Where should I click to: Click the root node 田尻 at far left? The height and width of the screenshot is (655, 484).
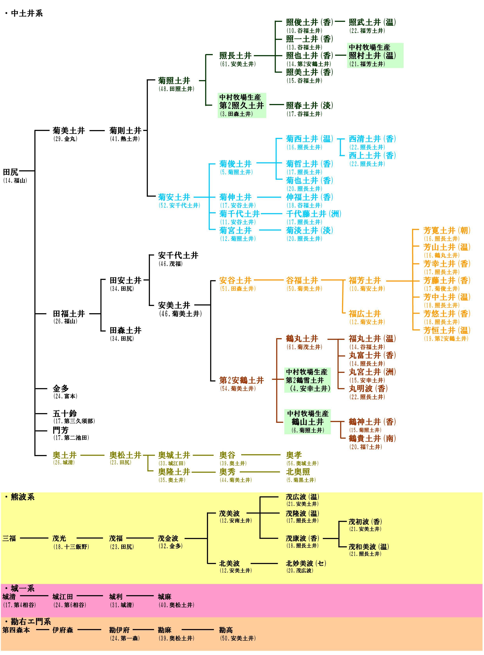11,172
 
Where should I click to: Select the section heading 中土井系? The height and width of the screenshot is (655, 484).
27,14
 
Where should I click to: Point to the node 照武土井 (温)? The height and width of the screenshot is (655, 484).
372,22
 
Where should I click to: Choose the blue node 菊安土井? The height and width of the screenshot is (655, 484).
174,197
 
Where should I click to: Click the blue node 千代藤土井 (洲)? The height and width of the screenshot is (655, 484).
313,214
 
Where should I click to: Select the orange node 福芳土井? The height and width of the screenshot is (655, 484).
364,280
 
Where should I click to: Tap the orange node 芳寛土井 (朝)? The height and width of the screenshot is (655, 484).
447,231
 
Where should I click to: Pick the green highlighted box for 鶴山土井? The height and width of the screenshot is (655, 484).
307,422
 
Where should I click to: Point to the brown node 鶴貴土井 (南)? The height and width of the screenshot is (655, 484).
372,439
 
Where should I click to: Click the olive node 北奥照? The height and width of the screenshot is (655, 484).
298,472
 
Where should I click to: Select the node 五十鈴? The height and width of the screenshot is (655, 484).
64,414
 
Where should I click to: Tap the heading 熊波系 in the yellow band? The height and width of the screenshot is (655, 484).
22,497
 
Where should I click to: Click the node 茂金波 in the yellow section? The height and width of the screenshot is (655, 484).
168,538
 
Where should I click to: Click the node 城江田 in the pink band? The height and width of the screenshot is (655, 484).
62,597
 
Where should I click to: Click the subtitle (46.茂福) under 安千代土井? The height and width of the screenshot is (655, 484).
171,264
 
